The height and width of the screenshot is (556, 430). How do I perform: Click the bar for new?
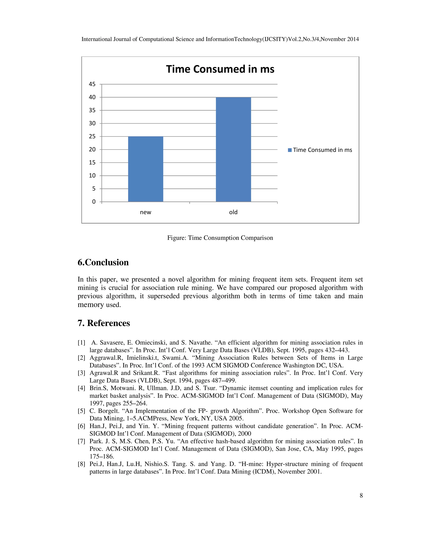[146, 169]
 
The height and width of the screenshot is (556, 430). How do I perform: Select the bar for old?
[233, 149]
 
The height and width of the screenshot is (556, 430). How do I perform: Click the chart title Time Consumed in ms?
[220, 69]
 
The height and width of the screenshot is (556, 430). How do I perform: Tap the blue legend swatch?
[290, 150]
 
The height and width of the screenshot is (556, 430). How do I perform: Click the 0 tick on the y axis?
[94, 202]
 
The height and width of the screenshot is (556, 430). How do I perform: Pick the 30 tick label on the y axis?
[92, 123]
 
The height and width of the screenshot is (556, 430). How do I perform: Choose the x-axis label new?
[146, 212]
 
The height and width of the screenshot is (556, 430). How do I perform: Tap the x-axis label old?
[233, 212]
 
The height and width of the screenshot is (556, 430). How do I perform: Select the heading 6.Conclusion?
[103, 262]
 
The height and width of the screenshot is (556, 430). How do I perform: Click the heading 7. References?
[104, 323]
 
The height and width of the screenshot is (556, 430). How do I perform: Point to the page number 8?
[361, 495]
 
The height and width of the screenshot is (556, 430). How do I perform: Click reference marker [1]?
[81, 343]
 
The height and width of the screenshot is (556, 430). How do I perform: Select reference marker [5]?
[81, 411]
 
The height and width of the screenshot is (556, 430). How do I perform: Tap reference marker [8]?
[81, 464]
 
